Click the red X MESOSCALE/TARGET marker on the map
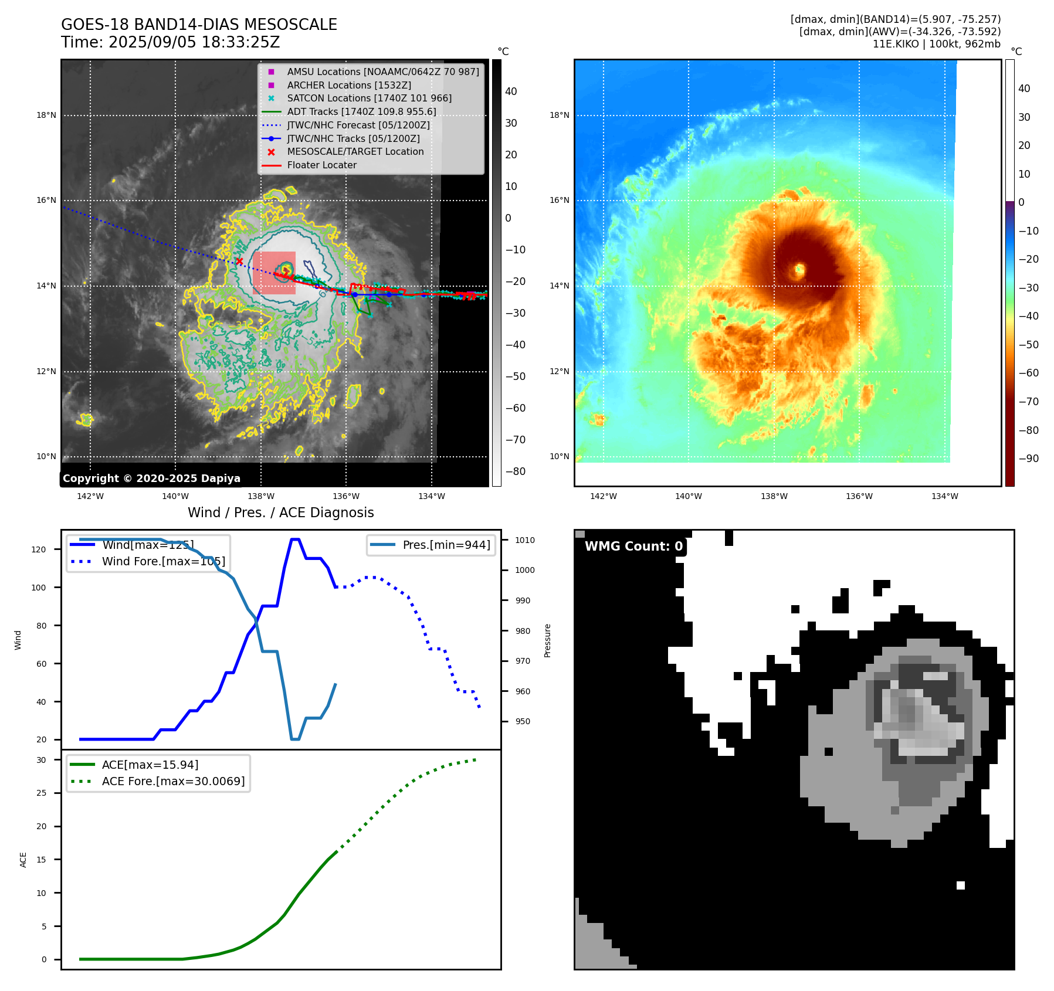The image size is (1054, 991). (x=239, y=261)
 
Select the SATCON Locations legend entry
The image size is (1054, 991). (x=369, y=99)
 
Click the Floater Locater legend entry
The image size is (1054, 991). (x=321, y=165)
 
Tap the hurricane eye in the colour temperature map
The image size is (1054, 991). (x=799, y=270)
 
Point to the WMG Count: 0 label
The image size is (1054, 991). (x=633, y=547)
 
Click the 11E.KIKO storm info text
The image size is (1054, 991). (x=936, y=44)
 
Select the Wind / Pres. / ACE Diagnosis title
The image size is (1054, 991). (x=280, y=513)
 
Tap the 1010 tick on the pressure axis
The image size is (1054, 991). (x=525, y=540)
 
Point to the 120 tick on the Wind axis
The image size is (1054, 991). (x=39, y=549)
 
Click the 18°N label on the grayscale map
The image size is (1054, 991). (x=46, y=116)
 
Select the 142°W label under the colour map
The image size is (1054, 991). (x=603, y=496)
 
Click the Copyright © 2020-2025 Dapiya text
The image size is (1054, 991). (x=151, y=478)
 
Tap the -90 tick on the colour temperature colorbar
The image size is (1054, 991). (x=1028, y=459)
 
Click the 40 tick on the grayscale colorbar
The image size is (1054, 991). (x=511, y=91)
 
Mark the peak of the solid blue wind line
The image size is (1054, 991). (x=295, y=539)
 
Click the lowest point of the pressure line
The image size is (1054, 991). (x=295, y=739)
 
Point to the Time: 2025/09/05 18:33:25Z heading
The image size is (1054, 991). (x=170, y=43)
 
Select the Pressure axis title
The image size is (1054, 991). (x=547, y=640)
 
